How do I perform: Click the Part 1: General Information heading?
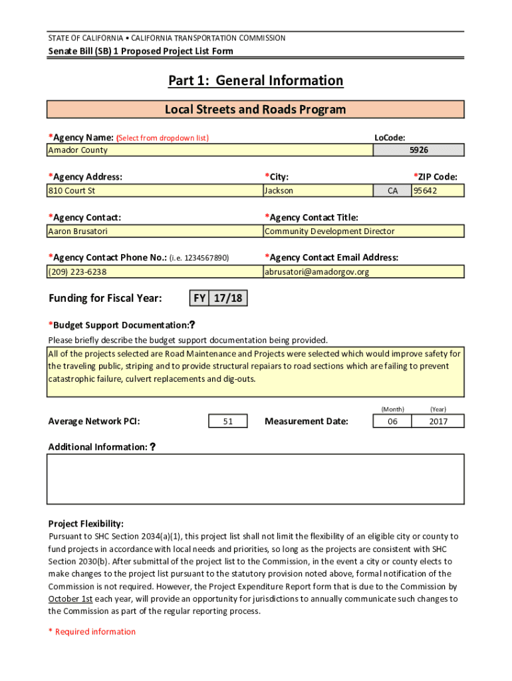pyautogui.click(x=255, y=81)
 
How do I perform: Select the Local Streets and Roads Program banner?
pyautogui.click(x=255, y=110)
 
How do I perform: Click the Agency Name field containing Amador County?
pyautogui.click(x=209, y=150)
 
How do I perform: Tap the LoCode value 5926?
pyautogui.click(x=418, y=150)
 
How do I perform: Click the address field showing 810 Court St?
pyautogui.click(x=154, y=191)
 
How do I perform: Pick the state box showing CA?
pyautogui.click(x=392, y=191)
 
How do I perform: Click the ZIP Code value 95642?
pyautogui.click(x=438, y=191)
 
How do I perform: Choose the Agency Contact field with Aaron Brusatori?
pyautogui.click(x=154, y=231)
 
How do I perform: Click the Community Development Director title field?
pyautogui.click(x=364, y=231)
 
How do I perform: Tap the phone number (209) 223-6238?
pyautogui.click(x=154, y=272)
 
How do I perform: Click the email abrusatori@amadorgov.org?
pyautogui.click(x=364, y=272)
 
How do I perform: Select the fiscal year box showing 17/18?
pyautogui.click(x=228, y=299)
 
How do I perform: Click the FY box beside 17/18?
pyautogui.click(x=199, y=299)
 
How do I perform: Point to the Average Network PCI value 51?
pyautogui.click(x=227, y=421)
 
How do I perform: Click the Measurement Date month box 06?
pyautogui.click(x=392, y=421)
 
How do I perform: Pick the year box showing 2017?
pyautogui.click(x=438, y=421)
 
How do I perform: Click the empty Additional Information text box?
pyautogui.click(x=255, y=479)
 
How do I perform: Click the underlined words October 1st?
pyautogui.click(x=70, y=599)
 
